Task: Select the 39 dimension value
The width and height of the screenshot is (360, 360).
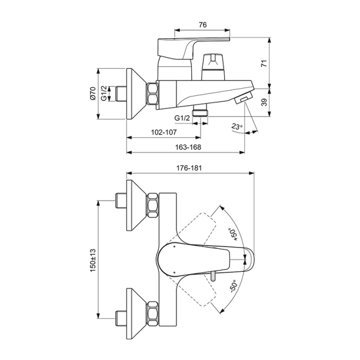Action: tap(264, 101)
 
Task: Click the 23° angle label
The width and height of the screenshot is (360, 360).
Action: tap(236, 126)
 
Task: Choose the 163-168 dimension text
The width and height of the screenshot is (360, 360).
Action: tap(185, 148)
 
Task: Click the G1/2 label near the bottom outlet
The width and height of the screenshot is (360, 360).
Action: tap(182, 118)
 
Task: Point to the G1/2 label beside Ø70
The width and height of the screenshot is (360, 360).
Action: tap(104, 94)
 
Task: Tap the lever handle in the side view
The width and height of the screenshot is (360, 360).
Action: tap(188, 47)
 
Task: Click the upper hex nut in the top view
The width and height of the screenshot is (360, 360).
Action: tap(152, 204)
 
